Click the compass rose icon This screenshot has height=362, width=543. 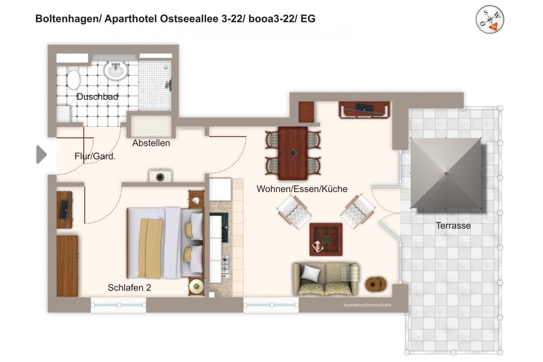489,20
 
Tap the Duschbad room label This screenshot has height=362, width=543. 97,97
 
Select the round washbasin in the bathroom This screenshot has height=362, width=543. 116,70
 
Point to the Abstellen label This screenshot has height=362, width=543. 151,143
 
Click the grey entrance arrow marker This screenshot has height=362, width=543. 41,155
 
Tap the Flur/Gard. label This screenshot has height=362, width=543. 95,156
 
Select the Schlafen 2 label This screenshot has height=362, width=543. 129,288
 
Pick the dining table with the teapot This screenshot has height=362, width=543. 293,153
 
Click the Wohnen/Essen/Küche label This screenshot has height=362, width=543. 302,189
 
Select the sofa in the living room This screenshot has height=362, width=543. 326,279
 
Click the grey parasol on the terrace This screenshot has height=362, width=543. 446,173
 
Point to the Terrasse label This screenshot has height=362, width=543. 453,226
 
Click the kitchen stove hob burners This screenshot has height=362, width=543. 225,264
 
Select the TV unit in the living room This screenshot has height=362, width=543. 364,109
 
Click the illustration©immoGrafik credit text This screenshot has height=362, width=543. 367,305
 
